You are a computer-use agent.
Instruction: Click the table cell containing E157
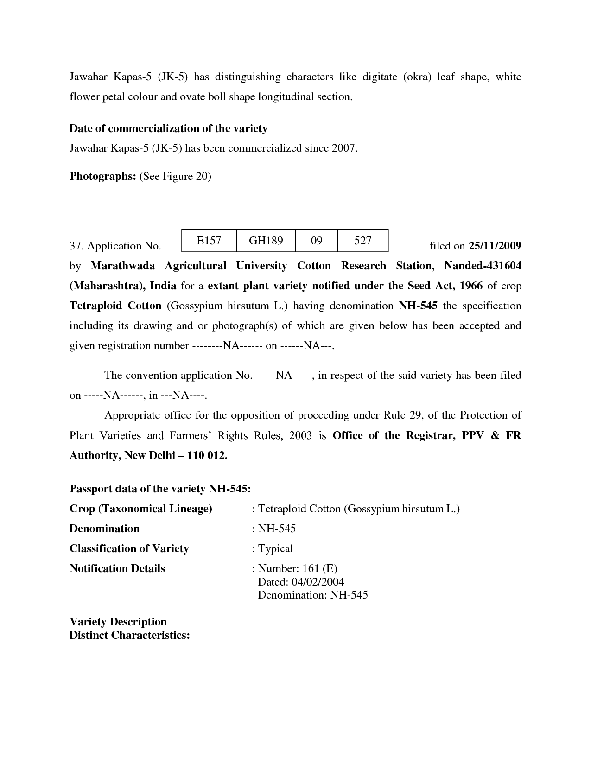click(x=209, y=241)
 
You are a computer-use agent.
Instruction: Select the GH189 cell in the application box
click(x=266, y=241)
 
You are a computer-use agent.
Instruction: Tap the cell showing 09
click(x=317, y=241)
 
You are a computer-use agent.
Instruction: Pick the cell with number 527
click(x=362, y=241)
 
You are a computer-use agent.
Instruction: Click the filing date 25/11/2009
click(x=495, y=246)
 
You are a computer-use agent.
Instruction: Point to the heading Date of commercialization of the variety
click(x=168, y=128)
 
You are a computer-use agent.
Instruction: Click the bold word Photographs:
click(x=102, y=176)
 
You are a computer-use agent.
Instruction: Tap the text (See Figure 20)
click(x=175, y=176)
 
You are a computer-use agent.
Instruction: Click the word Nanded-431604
click(x=482, y=266)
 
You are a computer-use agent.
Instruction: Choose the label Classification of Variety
click(x=129, y=548)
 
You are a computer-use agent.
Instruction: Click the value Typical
click(x=275, y=548)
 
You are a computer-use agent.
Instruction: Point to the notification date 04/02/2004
click(x=318, y=582)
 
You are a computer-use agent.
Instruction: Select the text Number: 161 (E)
click(x=298, y=568)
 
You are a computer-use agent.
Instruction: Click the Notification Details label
click(x=117, y=568)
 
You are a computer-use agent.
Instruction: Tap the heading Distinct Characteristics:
click(x=129, y=635)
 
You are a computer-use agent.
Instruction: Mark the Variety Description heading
click(x=118, y=622)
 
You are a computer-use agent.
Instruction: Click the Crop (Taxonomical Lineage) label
click(x=140, y=509)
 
